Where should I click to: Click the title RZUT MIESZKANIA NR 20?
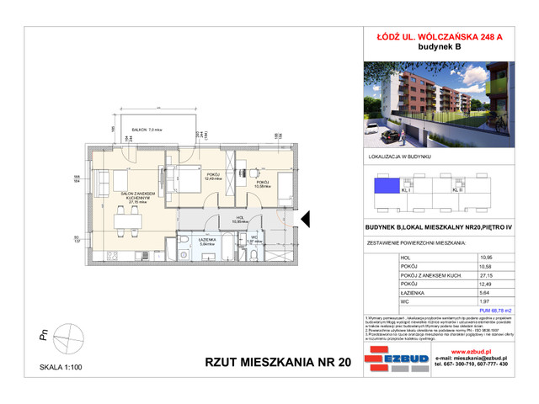(x=265, y=364)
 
